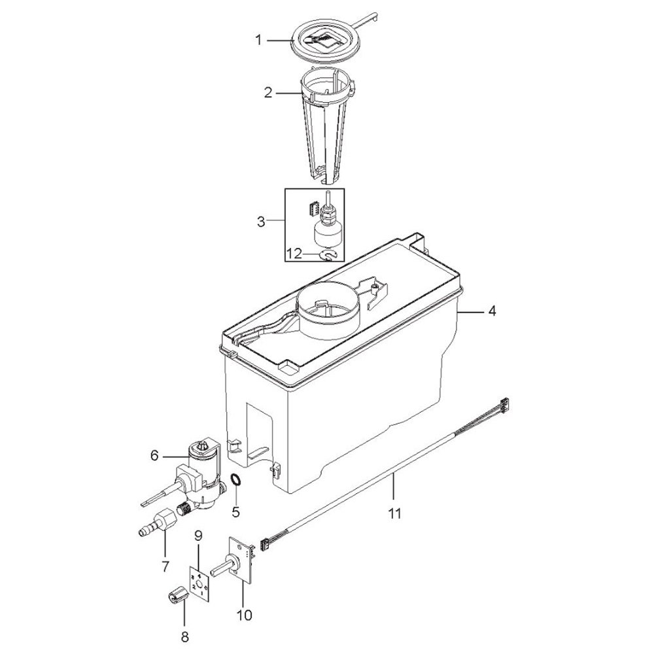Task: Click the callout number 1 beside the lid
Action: click(x=258, y=41)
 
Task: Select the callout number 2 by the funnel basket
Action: click(x=268, y=92)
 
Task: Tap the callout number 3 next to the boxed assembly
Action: click(x=261, y=221)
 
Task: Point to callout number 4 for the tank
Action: click(x=492, y=311)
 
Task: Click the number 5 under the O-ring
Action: click(x=236, y=511)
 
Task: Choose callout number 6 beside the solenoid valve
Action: click(x=155, y=455)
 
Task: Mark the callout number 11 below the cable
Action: click(x=394, y=513)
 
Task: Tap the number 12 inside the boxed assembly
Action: click(x=294, y=253)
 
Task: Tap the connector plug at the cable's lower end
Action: click(x=264, y=544)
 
